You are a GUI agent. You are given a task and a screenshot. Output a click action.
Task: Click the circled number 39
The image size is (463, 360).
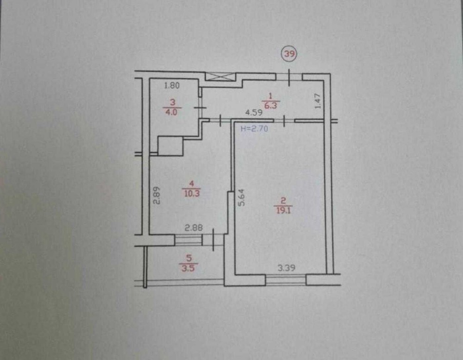point(290,54)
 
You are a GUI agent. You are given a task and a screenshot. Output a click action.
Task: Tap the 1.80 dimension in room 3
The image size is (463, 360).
point(172,86)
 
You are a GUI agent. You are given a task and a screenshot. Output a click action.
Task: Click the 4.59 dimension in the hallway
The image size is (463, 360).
point(254,113)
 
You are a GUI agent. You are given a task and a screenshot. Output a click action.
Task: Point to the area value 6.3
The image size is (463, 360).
point(270,105)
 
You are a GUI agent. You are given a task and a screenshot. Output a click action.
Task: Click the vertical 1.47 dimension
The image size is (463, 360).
point(318,101)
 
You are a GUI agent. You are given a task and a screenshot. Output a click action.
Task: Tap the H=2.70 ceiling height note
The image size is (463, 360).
point(255,129)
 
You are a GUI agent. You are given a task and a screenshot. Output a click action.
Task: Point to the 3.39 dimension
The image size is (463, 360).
point(287,268)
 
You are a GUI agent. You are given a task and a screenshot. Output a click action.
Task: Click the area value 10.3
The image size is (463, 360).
point(192,193)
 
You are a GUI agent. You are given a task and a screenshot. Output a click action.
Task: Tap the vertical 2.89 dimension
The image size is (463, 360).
point(156,195)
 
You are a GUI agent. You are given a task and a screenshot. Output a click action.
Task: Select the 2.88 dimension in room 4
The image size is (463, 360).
point(194,228)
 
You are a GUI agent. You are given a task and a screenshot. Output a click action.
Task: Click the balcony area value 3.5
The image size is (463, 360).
point(188,269)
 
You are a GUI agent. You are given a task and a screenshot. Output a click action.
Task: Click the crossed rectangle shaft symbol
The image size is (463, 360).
point(220,77)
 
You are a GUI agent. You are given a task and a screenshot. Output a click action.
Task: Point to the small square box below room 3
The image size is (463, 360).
point(170,146)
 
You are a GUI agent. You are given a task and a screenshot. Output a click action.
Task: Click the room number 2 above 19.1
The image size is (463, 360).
point(283,201)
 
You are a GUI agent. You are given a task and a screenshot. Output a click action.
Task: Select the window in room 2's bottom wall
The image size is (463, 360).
point(286,280)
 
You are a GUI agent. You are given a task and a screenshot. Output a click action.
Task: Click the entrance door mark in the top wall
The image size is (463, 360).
point(289,77)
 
